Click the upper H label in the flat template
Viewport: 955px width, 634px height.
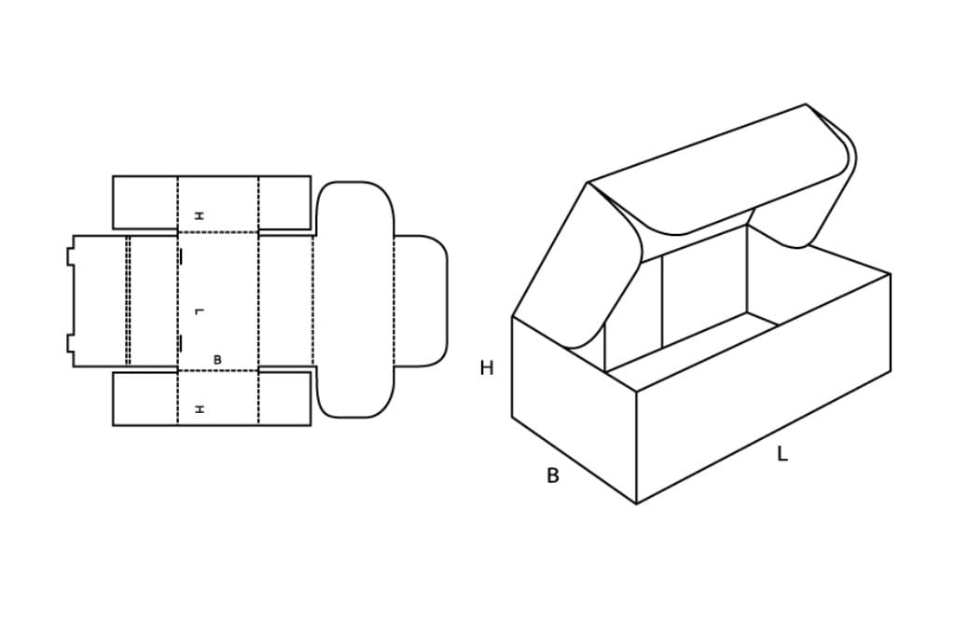[x=200, y=215]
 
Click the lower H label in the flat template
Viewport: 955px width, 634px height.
[x=200, y=409]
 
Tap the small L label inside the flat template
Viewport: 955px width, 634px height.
[x=200, y=311]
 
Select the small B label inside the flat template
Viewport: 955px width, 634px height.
[x=217, y=360]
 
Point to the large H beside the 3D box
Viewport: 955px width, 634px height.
[x=487, y=368]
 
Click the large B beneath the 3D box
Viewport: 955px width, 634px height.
[x=552, y=475]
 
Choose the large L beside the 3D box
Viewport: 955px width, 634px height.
[x=782, y=454]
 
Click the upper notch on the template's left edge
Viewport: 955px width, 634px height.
[x=70, y=255]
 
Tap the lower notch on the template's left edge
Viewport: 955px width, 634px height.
[x=70, y=343]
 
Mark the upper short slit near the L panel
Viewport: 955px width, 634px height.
[x=180, y=258]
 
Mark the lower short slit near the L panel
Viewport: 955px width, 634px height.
[x=180, y=343]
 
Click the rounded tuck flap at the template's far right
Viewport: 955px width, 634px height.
[x=421, y=301]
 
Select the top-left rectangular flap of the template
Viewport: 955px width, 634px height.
[x=145, y=203]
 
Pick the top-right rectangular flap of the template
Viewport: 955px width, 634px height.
[x=284, y=203]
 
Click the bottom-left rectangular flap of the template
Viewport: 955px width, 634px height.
[x=145, y=399]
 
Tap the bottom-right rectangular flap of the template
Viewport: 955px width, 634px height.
[x=284, y=399]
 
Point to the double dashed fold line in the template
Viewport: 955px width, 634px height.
[x=128, y=301]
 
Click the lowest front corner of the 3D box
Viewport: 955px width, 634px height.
[x=636, y=504]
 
